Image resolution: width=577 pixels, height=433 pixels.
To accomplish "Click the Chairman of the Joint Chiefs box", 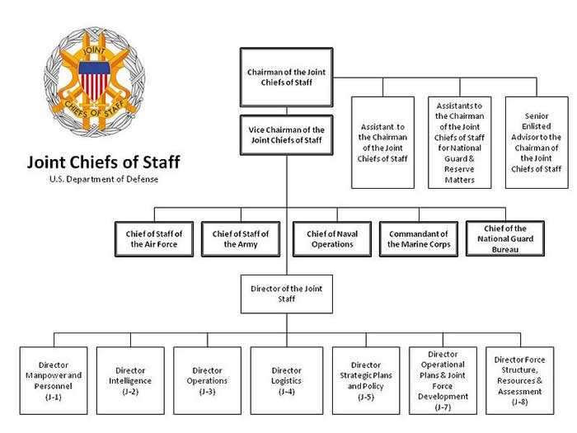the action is [286, 78].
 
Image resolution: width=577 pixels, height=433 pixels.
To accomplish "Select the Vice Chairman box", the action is [286, 135].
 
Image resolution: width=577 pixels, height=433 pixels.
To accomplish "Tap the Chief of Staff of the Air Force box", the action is [154, 239].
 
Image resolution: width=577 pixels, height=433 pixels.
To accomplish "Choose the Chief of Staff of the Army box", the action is [241, 239].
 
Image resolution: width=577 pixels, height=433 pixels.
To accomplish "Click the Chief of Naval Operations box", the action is [332, 239].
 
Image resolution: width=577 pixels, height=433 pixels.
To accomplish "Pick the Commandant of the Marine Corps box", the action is [419, 239].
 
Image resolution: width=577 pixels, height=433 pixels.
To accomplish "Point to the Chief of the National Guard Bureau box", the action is [505, 238].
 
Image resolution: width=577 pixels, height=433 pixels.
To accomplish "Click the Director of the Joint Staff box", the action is [287, 294].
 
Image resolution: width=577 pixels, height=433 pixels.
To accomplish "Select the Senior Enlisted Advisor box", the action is [537, 143].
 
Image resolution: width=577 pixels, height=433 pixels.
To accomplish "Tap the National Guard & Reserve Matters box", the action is [460, 143].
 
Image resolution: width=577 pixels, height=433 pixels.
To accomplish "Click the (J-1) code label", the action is [54, 397].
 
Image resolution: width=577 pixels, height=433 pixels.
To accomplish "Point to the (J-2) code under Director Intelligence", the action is [130, 392].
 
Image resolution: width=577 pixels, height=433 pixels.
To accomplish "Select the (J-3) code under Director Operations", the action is [207, 392].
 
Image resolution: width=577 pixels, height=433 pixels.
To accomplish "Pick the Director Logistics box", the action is [287, 380].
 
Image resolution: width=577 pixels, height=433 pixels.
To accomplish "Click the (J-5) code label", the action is [366, 397].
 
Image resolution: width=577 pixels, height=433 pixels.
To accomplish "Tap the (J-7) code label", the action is [443, 407].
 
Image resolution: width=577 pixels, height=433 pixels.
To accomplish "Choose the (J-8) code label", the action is [519, 402].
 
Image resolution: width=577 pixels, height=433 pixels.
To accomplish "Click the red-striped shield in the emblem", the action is [94, 80].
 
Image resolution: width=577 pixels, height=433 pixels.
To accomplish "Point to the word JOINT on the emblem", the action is [94, 50].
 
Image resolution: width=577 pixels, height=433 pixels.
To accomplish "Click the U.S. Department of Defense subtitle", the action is [104, 179].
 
